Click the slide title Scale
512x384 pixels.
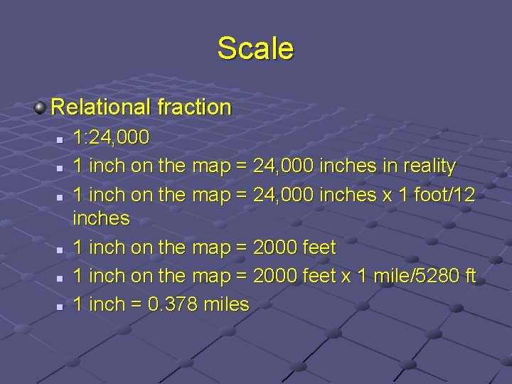tap(255, 48)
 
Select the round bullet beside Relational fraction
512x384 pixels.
tap(41, 107)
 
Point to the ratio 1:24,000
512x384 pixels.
tap(111, 137)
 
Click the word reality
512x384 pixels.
tap(425, 166)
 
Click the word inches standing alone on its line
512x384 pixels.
tap(101, 218)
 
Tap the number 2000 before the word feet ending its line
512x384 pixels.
tap(275, 247)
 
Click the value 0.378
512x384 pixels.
tap(174, 304)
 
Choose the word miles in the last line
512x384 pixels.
tap(226, 304)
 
